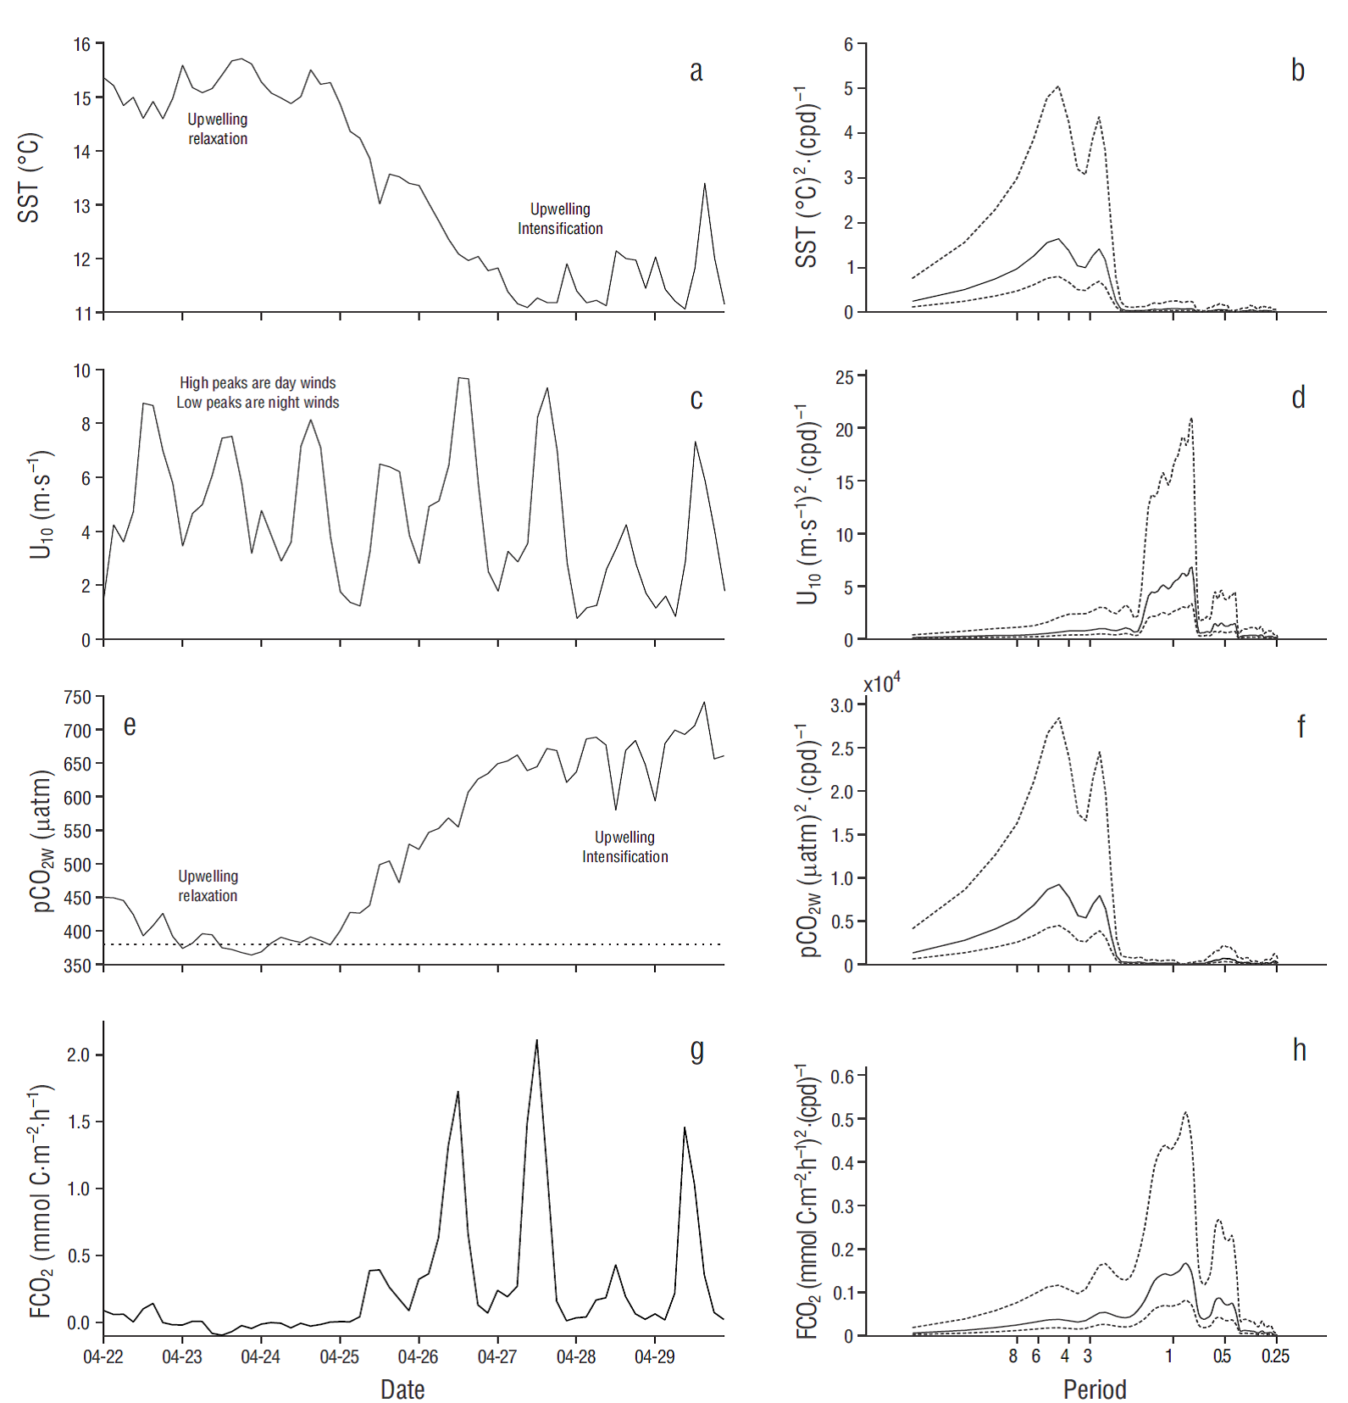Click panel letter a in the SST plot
(x=696, y=71)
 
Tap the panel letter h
(x=1299, y=1050)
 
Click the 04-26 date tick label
(x=418, y=1356)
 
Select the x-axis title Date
(x=402, y=1389)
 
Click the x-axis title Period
(x=1095, y=1389)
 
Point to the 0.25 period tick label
(x=1275, y=1356)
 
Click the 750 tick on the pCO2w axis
(x=77, y=698)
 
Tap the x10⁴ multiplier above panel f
(x=882, y=683)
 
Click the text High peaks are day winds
(x=258, y=383)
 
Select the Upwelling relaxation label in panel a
(x=218, y=129)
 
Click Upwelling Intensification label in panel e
(x=624, y=847)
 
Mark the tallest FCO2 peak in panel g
(x=536, y=1041)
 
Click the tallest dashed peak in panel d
(x=1191, y=419)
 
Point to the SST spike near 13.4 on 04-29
(x=704, y=185)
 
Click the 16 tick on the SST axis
(x=82, y=44)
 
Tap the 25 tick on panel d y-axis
(x=845, y=377)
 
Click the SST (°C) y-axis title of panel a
(x=29, y=178)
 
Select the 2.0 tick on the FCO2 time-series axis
(x=78, y=1055)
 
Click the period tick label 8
(x=1012, y=1356)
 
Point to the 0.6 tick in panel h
(x=842, y=1077)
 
